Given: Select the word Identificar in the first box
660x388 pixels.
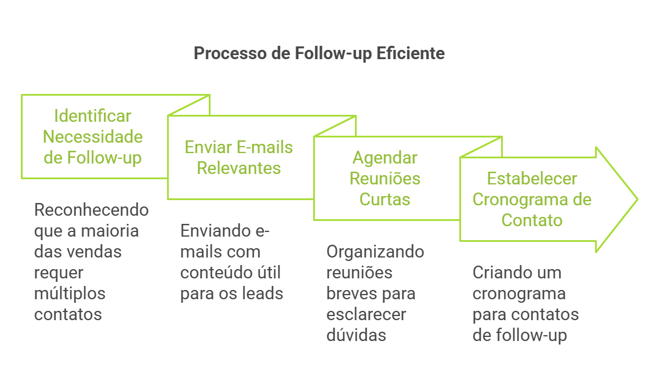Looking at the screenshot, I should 93,116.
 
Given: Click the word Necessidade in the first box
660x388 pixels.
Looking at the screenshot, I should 93,137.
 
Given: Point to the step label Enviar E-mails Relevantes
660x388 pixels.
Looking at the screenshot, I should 239,158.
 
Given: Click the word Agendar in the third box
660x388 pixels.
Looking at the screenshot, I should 385,158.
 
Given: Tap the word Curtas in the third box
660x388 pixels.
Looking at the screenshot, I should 385,200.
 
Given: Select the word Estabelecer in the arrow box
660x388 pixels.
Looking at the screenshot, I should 532,179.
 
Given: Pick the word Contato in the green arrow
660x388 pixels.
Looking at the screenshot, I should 532,220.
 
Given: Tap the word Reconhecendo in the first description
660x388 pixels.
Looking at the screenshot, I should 92,210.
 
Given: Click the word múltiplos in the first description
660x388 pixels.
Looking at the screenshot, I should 70,293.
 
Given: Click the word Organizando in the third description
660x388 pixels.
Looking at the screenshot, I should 375,252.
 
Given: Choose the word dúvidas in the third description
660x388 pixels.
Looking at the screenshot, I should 356,335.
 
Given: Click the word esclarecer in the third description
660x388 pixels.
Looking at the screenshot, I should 366,314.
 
